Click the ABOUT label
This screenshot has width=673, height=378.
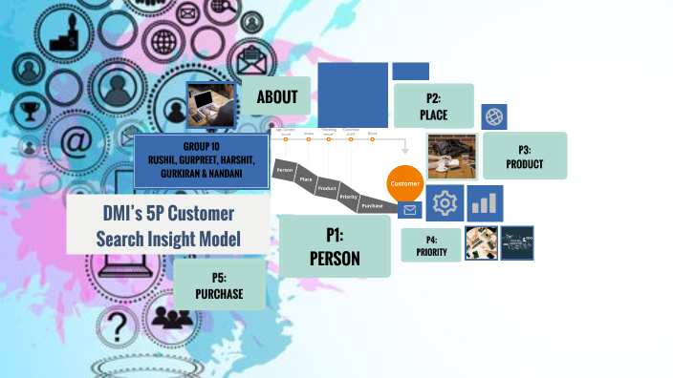[277, 96]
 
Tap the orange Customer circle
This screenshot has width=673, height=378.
[404, 182]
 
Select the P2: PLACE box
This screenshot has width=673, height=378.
[433, 106]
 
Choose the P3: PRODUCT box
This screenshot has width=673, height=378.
[524, 156]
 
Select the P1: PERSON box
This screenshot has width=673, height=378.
[335, 245]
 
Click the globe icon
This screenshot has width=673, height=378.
[494, 117]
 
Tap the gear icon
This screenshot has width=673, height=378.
[443, 203]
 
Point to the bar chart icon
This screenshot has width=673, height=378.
[485, 203]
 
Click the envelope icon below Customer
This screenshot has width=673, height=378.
[409, 210]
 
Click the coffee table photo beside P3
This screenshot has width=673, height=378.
[451, 157]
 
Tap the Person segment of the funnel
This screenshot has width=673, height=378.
[284, 170]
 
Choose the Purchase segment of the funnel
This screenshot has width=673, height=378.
[372, 205]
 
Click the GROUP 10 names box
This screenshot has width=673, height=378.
[201, 159]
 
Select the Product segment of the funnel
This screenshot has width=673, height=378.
[327, 188]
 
